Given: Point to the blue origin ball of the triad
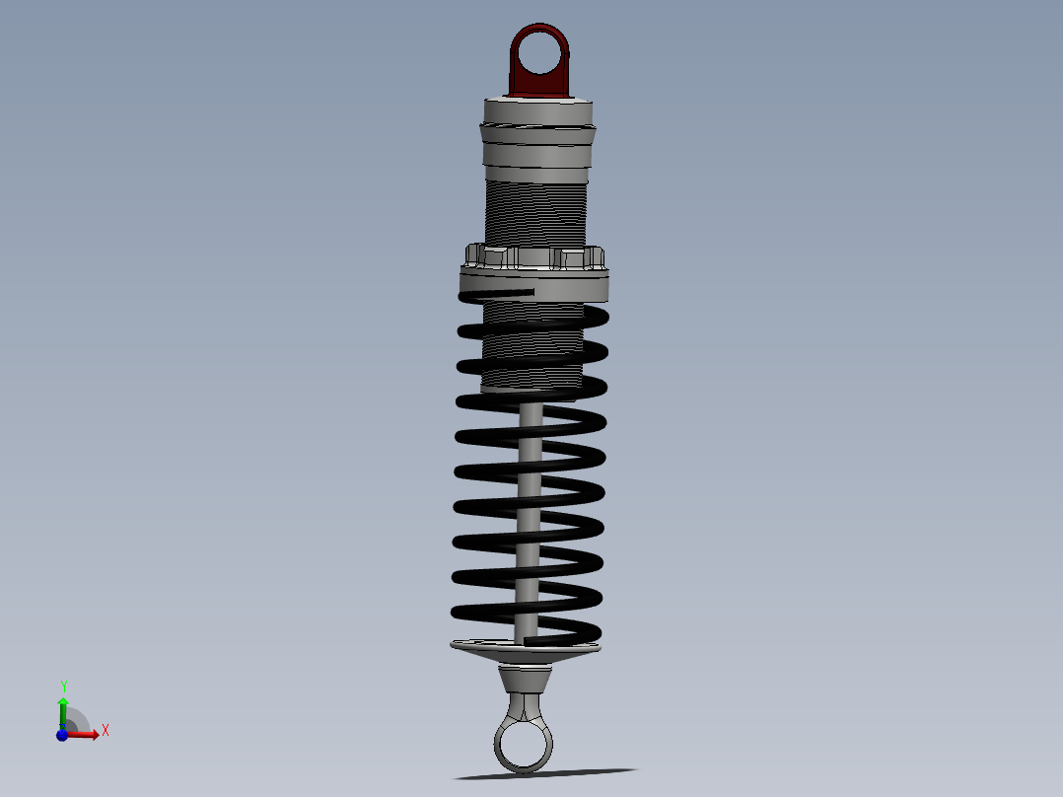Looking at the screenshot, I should click(62, 734).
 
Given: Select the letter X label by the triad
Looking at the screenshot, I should click(105, 731).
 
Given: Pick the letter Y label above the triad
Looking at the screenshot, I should click(63, 685).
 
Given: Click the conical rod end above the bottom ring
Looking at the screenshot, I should click(524, 679).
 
